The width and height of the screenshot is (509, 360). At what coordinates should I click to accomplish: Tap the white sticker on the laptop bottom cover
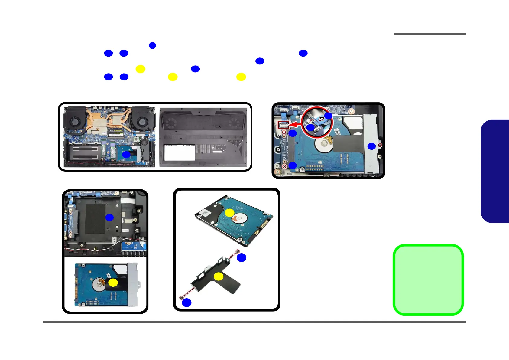click(x=179, y=152)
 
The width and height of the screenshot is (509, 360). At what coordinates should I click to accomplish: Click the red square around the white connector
click(x=284, y=125)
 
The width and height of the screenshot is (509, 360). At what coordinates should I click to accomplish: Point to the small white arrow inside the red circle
click(x=321, y=119)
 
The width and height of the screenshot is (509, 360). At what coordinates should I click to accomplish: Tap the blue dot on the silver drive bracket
click(x=371, y=146)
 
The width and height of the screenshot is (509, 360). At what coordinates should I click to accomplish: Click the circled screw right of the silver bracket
click(x=380, y=146)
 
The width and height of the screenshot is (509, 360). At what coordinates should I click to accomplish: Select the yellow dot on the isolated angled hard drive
click(x=229, y=213)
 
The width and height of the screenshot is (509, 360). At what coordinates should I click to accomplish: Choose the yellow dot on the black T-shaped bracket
click(x=219, y=276)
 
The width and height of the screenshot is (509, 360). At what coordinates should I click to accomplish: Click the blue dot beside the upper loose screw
click(x=241, y=257)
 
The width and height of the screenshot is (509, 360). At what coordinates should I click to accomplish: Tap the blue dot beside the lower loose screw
click(x=186, y=303)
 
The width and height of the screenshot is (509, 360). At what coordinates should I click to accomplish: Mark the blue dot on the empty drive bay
click(x=109, y=217)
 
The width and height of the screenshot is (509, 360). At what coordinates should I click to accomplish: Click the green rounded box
click(x=428, y=280)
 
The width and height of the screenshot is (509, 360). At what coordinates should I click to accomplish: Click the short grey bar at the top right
click(x=430, y=34)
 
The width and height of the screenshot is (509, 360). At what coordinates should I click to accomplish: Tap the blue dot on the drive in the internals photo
click(x=126, y=155)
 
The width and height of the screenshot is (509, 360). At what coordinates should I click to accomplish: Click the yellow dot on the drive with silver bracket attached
click(x=113, y=283)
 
